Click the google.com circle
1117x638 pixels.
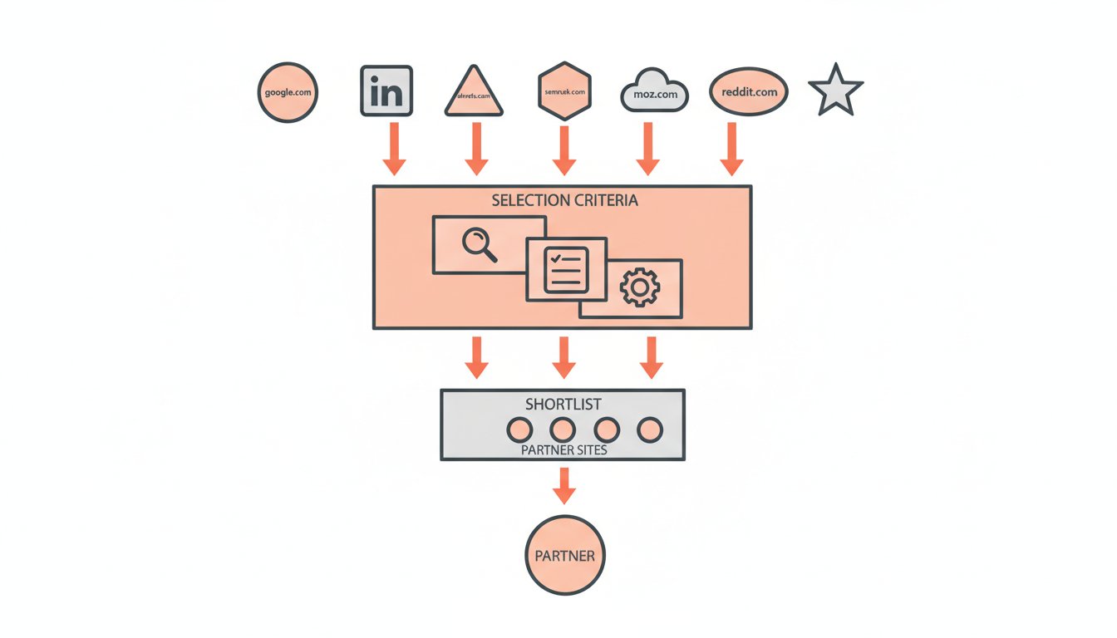(x=288, y=92)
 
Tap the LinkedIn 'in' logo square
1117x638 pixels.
(x=387, y=91)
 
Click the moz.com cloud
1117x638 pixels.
(x=655, y=92)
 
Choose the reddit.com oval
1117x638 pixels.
(x=748, y=91)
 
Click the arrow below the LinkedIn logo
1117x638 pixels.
(x=394, y=150)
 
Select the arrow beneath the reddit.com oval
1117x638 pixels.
(x=731, y=150)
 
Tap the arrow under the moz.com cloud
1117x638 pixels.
(x=647, y=150)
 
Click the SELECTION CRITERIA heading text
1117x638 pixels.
(x=564, y=201)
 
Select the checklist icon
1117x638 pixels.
(x=566, y=270)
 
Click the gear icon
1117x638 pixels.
(x=639, y=288)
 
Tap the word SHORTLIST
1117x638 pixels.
(x=563, y=405)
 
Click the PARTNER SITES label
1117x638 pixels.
(x=563, y=449)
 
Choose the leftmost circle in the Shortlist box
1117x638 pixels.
(x=519, y=429)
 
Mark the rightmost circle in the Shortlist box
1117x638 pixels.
(x=649, y=429)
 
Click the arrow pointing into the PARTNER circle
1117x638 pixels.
(x=564, y=485)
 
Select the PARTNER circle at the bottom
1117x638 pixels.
(x=564, y=555)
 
